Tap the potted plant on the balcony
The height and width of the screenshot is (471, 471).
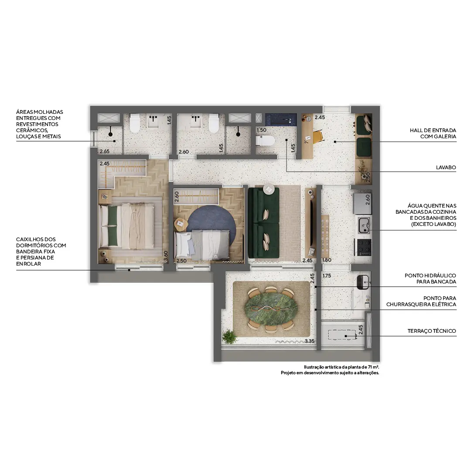point(229,336)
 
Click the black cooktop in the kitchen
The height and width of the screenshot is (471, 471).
point(364,247)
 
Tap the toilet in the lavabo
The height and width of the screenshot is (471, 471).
point(265,140)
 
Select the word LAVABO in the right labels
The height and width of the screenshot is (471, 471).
point(446,167)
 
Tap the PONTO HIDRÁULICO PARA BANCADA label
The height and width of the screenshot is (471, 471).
point(430,279)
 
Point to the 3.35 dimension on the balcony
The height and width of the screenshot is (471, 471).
point(310,341)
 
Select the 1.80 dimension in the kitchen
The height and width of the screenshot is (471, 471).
point(327,260)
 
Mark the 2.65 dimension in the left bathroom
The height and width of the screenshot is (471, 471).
point(104,151)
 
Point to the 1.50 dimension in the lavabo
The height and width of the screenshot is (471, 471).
point(261,130)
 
